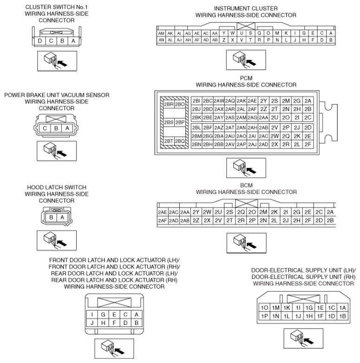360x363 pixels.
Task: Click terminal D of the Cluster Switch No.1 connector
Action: [40, 41]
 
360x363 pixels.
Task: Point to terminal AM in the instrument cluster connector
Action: [162, 33]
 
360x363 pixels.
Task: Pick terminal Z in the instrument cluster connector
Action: [224, 40]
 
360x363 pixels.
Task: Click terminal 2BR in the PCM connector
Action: [168, 104]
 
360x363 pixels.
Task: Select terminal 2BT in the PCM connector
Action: [168, 141]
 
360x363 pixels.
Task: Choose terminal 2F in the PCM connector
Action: [307, 144]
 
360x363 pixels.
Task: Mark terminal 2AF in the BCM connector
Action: [163, 220]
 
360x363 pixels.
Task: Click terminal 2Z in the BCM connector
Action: [196, 220]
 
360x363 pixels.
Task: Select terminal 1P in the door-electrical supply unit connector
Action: [264, 316]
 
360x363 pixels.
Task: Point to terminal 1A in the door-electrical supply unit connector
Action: [343, 308]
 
